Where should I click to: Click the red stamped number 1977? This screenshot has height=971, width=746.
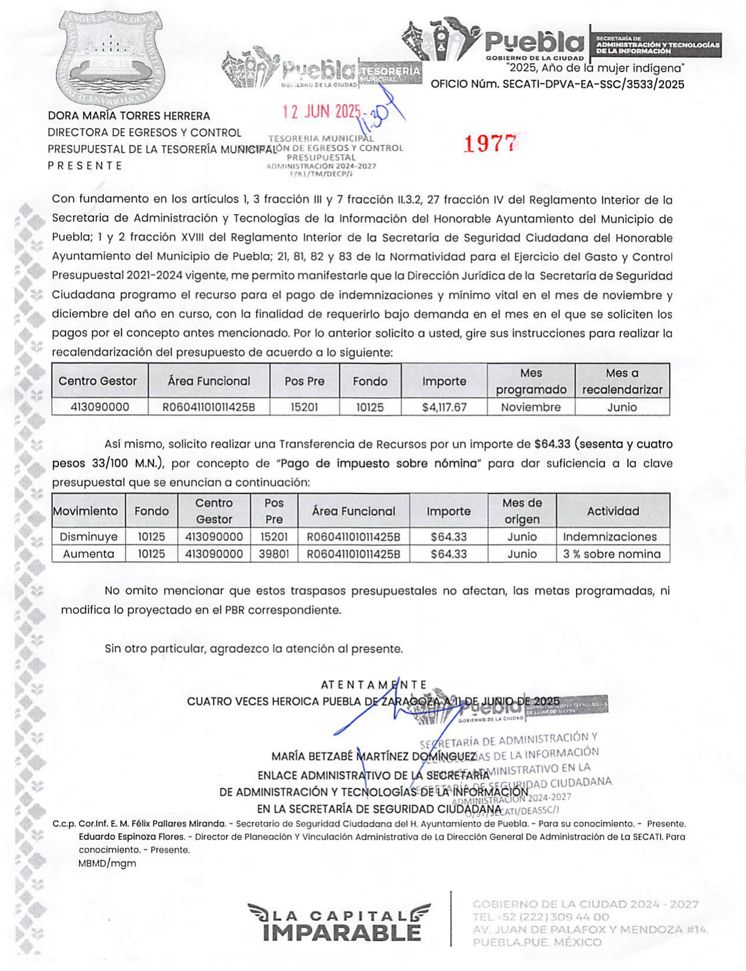click(490, 143)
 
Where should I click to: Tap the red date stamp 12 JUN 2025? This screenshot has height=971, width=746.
click(321, 111)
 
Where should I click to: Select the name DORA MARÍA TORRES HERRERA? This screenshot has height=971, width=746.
click(129, 116)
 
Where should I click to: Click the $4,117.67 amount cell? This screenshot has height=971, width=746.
click(444, 407)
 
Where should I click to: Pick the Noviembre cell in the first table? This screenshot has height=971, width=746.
click(531, 407)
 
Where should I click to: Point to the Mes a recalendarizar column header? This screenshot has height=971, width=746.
click(622, 381)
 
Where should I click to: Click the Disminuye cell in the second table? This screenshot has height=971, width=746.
click(88, 537)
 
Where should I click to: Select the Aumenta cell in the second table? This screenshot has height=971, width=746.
click(88, 554)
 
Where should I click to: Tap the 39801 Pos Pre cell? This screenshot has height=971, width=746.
click(274, 554)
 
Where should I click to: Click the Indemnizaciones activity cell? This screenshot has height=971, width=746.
click(610, 537)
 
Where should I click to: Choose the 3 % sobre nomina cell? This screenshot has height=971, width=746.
click(612, 554)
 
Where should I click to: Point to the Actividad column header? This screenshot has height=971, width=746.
click(613, 511)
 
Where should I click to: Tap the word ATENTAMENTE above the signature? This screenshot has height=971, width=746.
click(374, 685)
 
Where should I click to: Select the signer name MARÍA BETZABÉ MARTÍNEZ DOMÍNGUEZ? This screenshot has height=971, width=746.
click(373, 756)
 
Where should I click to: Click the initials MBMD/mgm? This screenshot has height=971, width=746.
click(107, 864)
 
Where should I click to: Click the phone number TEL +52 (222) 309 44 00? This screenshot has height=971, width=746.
click(541, 917)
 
